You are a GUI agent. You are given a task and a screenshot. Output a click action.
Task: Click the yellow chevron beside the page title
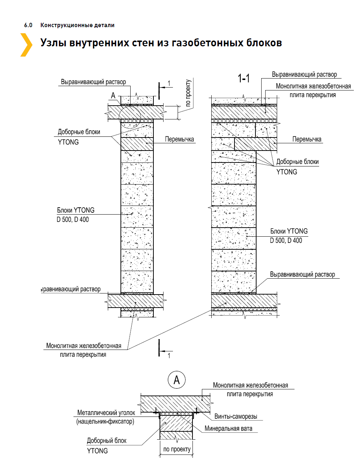tap(26, 45)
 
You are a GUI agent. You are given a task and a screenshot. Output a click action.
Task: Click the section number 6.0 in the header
tap(28, 25)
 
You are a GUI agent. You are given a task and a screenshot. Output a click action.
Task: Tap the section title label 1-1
tap(243, 78)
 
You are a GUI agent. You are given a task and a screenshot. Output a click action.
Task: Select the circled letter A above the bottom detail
tap(177, 380)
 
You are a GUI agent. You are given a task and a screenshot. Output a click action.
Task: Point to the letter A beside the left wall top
tap(113, 96)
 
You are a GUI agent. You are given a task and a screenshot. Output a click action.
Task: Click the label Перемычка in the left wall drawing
tap(179, 139)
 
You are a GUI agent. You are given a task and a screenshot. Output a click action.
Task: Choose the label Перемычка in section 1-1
tap(307, 139)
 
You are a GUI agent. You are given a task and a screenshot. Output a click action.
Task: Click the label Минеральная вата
tap(228, 428)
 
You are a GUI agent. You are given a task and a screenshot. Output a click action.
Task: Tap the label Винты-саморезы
tap(236, 417)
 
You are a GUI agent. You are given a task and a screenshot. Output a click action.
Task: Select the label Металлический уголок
tap(106, 413)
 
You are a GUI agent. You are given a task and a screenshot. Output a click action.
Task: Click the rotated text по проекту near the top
tap(188, 93)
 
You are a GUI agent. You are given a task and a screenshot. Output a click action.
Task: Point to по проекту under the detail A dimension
tap(177, 449)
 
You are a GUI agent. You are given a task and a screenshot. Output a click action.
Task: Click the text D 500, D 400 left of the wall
tap(73, 220)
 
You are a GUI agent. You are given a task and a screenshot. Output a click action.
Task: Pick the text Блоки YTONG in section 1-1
tap(289, 231)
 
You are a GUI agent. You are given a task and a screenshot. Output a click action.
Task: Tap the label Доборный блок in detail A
tap(107, 441)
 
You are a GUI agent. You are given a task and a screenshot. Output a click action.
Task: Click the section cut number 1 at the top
tap(169, 84)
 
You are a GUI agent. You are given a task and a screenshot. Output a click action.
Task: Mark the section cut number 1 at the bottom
tap(169, 356)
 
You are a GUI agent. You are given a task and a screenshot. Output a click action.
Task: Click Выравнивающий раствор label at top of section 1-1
tap(304, 75)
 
